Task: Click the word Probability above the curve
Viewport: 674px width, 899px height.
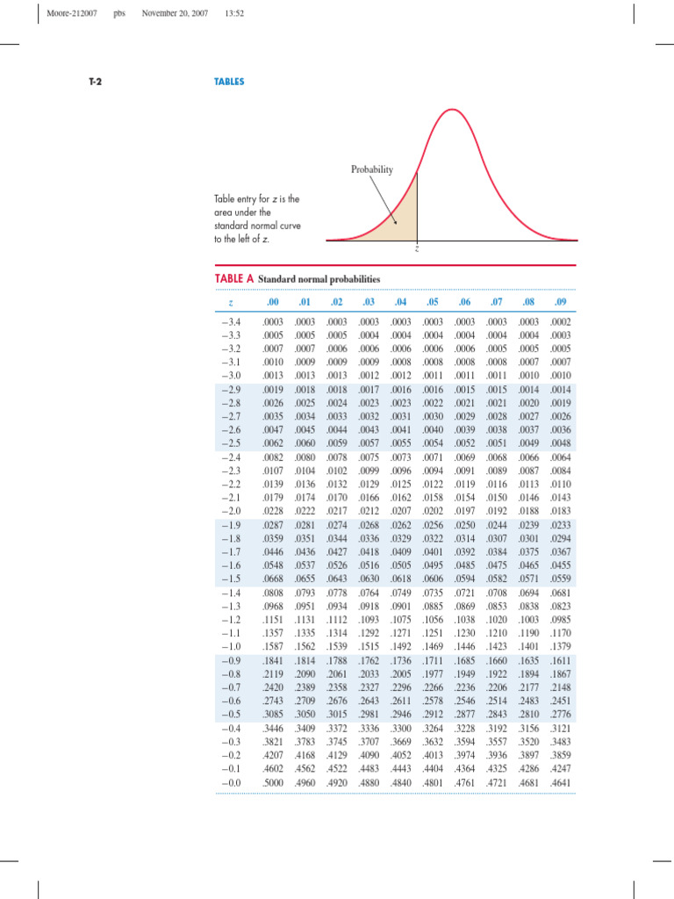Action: (x=372, y=169)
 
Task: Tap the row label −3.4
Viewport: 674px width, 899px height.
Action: (x=231, y=324)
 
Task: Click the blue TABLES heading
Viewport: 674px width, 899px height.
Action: (x=230, y=82)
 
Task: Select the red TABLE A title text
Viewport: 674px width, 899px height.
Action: (x=234, y=278)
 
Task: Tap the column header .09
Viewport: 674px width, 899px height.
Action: (x=560, y=303)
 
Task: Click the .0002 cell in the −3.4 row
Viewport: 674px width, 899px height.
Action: (x=560, y=324)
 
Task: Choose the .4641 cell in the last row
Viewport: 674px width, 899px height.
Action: (x=560, y=780)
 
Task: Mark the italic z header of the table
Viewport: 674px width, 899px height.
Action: (x=229, y=304)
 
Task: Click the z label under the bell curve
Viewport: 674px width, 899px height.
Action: (x=417, y=248)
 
